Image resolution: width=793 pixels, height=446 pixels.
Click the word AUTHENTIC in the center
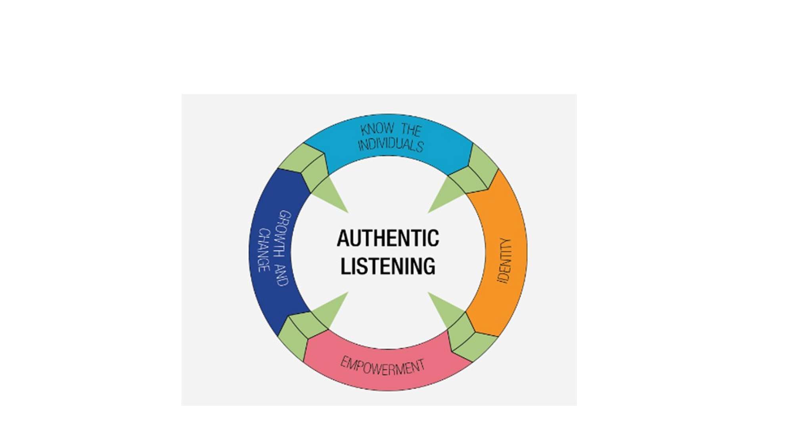coord(388,238)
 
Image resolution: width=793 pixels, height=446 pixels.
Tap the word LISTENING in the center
coord(388,266)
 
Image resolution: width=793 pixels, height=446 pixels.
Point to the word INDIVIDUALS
coord(391,145)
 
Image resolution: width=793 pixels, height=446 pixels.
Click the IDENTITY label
coord(505,260)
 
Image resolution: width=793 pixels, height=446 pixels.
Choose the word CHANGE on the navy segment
coord(264,250)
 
